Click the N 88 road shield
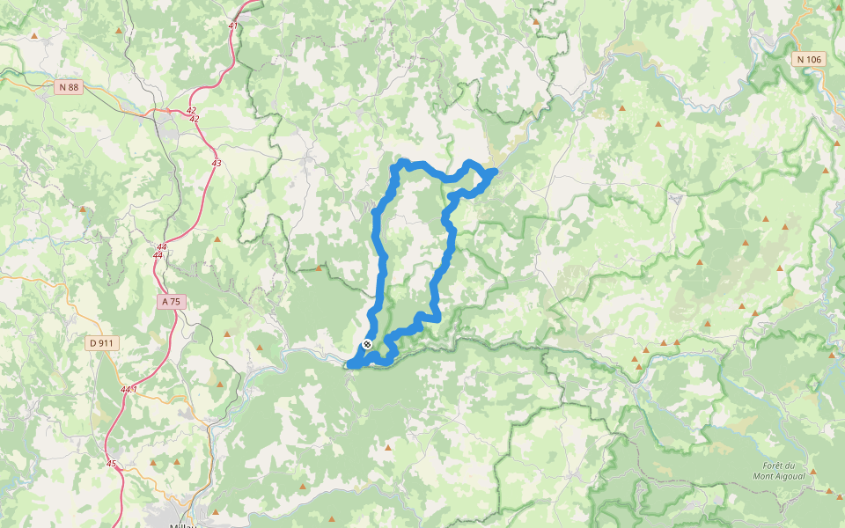click(68, 86)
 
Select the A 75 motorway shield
click(171, 301)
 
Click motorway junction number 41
click(232, 26)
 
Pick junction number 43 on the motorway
click(217, 163)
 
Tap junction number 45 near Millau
click(111, 464)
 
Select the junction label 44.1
click(129, 389)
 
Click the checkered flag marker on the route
click(367, 344)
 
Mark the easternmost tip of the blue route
click(496, 172)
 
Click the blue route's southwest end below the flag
click(351, 363)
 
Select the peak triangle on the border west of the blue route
click(319, 268)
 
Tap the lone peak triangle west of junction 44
click(83, 209)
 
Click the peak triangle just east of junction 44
click(217, 238)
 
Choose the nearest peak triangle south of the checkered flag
click(388, 448)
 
